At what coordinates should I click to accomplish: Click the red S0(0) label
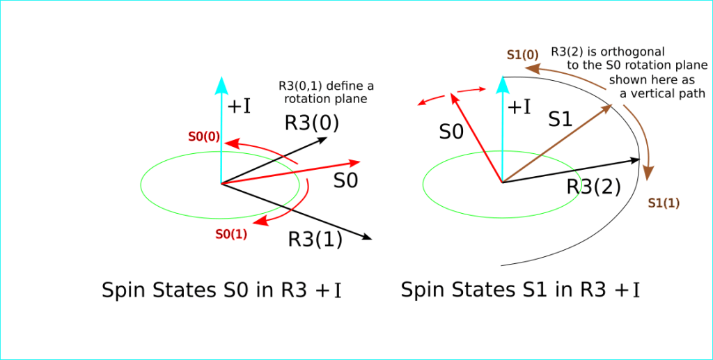click(x=203, y=136)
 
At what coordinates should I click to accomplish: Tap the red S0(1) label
click(x=231, y=235)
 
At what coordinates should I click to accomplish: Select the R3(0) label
click(x=312, y=123)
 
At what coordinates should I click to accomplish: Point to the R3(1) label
click(x=315, y=240)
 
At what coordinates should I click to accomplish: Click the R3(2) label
click(x=594, y=187)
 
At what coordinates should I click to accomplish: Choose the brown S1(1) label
click(x=664, y=203)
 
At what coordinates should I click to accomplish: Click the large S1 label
click(x=561, y=120)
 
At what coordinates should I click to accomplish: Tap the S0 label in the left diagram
click(x=345, y=181)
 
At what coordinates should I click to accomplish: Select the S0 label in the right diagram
click(x=451, y=131)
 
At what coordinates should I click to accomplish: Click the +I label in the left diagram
click(x=240, y=106)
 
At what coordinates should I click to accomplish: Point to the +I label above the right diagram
click(x=518, y=107)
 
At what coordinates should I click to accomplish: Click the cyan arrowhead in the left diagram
click(x=221, y=85)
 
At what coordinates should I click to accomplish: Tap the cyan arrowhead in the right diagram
click(x=501, y=85)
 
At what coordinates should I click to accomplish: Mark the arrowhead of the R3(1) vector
click(x=367, y=237)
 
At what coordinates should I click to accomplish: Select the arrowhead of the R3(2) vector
click(x=634, y=161)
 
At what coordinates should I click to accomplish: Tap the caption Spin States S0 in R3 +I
click(x=221, y=290)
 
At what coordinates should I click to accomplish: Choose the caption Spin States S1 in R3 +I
click(x=520, y=290)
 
